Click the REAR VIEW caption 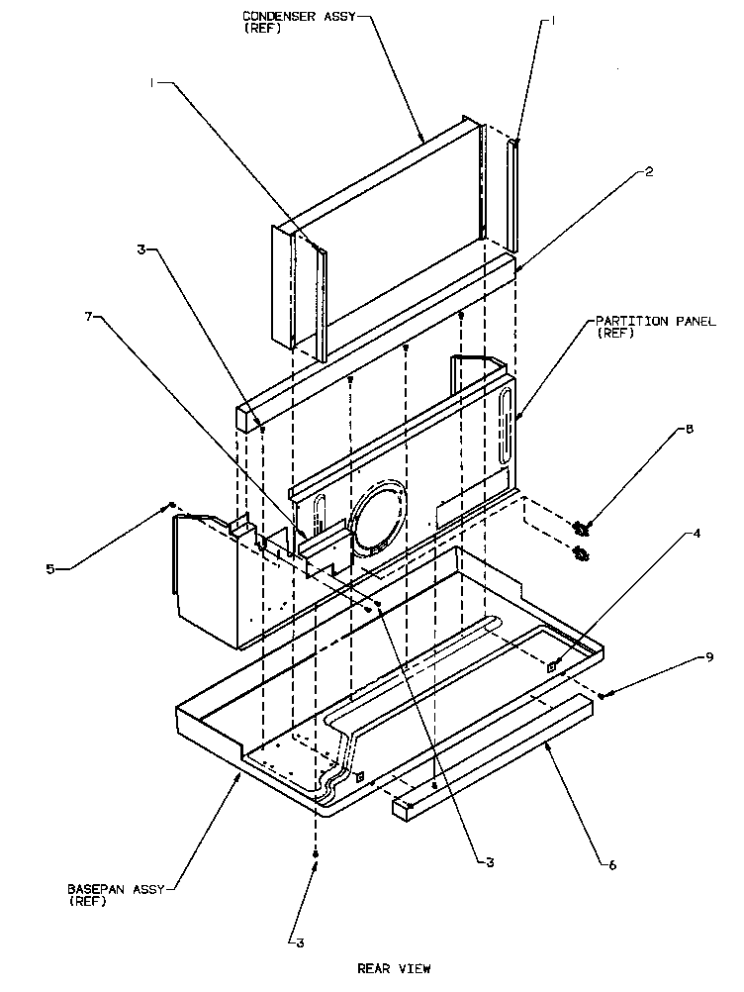coord(394,968)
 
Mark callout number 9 coord(681,656)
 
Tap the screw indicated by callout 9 coord(604,695)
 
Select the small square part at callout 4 coord(553,668)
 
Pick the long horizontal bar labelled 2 coord(376,337)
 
